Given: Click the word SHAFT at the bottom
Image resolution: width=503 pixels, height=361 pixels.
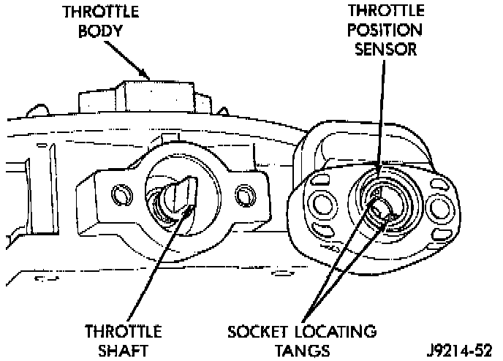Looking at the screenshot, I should click(x=121, y=349).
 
